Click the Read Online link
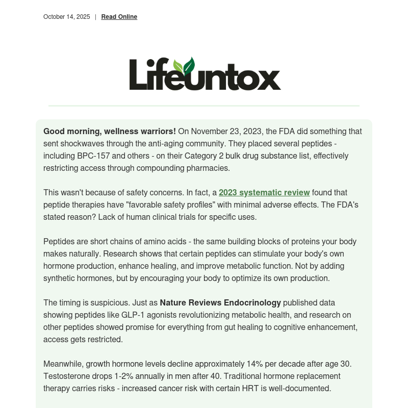tap(119, 17)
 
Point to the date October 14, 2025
tap(66, 17)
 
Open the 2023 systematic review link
tap(264, 192)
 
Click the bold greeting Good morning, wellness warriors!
tap(110, 131)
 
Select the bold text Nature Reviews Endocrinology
tap(220, 302)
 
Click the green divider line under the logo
tap(204, 106)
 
